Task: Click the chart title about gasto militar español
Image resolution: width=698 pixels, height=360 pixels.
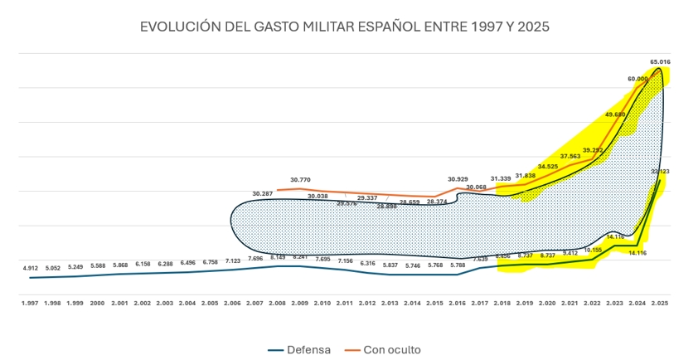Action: [345, 27]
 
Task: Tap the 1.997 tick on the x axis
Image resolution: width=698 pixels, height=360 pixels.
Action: [31, 304]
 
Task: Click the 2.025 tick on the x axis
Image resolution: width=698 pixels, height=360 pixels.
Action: [659, 304]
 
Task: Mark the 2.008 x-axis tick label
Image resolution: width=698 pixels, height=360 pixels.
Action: [278, 304]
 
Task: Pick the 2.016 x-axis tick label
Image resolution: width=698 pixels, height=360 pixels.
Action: [457, 304]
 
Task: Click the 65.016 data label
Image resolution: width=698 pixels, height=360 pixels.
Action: [661, 61]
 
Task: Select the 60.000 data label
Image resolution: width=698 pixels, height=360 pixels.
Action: [637, 79]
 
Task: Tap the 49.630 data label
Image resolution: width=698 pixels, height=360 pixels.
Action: [615, 114]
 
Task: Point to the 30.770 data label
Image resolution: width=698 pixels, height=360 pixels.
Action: [300, 179]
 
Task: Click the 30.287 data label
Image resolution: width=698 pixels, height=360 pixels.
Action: [263, 193]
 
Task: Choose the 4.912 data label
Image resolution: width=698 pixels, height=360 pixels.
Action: [31, 268]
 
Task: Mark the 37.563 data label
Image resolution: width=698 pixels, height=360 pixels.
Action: [570, 156]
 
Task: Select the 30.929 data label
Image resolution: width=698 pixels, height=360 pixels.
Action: [458, 179]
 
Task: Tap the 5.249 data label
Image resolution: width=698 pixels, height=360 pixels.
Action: [75, 266]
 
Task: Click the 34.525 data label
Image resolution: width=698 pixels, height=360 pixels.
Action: [548, 166]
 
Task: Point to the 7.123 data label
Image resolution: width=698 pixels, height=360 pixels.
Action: [233, 260]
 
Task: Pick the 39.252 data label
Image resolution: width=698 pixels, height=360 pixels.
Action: [593, 149]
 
